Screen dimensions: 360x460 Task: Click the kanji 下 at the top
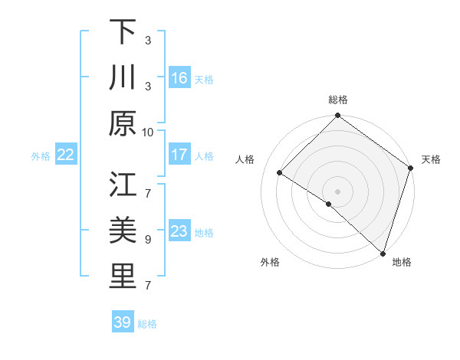tap(123, 32)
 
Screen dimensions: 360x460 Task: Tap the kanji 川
tap(123, 78)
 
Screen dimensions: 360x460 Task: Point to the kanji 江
tap(123, 185)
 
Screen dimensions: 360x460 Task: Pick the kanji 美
tap(123, 231)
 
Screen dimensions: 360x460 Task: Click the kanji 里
tap(123, 277)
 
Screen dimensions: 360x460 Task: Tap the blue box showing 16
tap(179, 78)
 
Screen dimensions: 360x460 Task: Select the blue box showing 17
tap(179, 155)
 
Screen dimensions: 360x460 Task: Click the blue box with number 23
tap(179, 231)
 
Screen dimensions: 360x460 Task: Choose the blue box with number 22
tap(66, 155)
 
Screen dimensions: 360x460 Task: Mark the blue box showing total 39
tap(123, 322)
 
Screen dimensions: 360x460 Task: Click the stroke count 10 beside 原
tap(148, 132)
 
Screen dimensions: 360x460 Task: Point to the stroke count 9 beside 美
tap(148, 239)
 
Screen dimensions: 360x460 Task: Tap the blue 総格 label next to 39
tap(147, 324)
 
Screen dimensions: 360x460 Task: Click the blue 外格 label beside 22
tap(41, 156)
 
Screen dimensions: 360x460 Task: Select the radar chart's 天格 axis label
tap(431, 159)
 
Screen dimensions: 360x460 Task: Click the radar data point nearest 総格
tap(337, 116)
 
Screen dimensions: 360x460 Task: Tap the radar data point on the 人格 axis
tap(280, 173)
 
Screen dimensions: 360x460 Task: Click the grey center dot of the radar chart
tap(337, 191)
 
